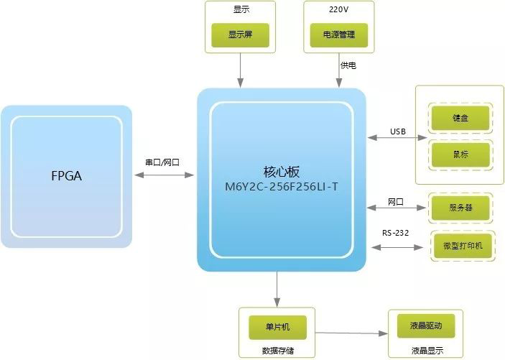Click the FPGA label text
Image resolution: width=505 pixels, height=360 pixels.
coord(65,175)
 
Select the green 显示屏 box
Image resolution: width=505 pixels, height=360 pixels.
coord(238,34)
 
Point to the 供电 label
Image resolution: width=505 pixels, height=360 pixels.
coord(348,65)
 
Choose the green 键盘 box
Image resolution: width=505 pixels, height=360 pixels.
coord(460,117)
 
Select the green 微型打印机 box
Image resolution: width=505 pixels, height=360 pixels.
coord(463,245)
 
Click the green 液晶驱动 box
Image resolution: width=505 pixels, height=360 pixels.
coord(425,326)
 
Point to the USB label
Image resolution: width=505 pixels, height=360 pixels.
coord(398,131)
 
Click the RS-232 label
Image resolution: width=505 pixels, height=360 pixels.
coord(396,231)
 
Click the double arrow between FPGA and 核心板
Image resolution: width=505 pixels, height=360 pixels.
coord(165,174)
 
